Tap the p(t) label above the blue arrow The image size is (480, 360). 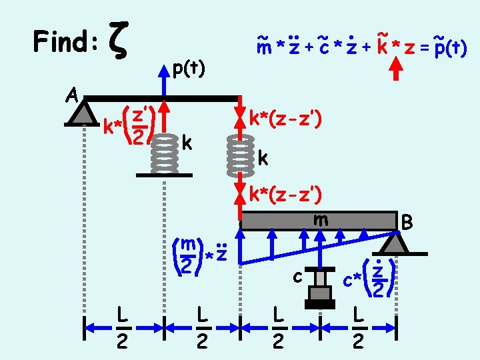pos(188,68)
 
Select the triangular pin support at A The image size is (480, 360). pos(84,113)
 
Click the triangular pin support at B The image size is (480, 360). pos(394,243)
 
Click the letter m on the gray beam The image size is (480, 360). pos(321,219)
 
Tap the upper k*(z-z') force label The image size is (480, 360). pos(286,119)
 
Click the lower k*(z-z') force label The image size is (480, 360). pos(286,194)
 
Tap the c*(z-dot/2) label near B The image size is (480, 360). pos(369,279)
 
